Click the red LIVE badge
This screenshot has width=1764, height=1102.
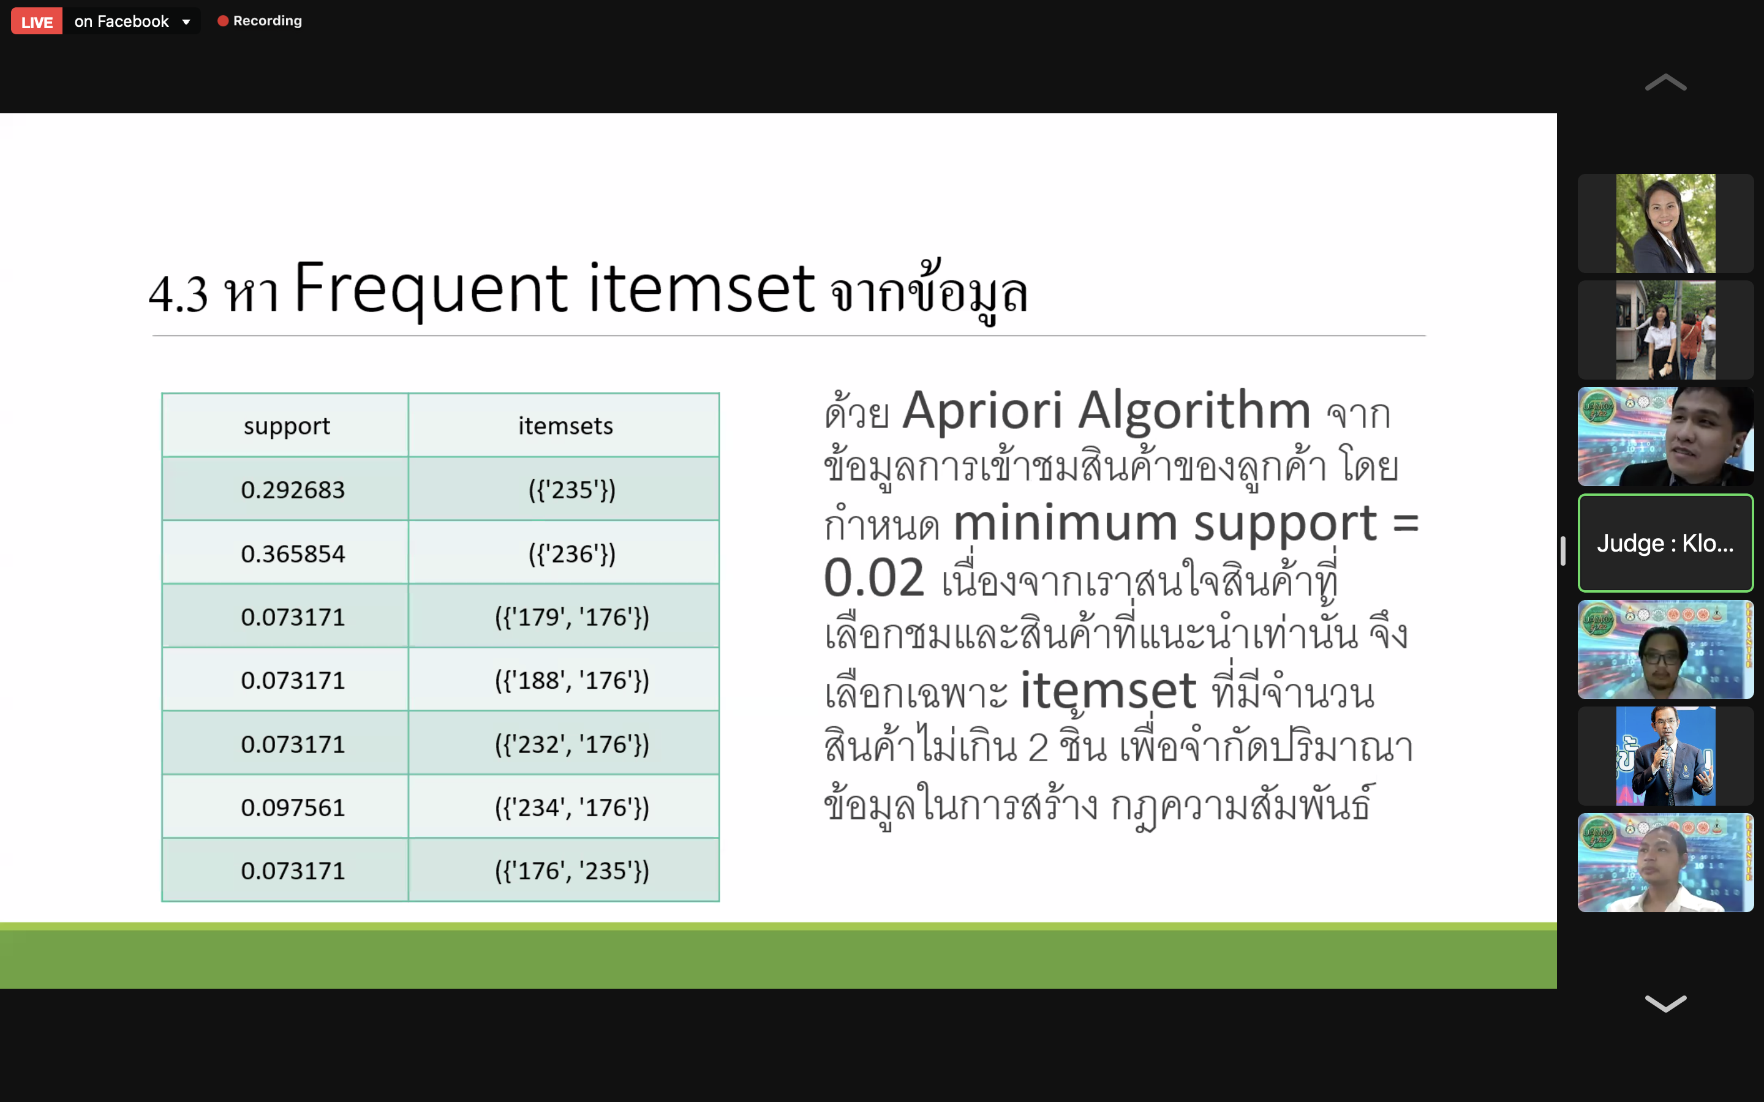coord(37,22)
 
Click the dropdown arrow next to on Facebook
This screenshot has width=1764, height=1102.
coord(187,23)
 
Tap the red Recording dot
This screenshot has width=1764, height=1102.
coord(223,21)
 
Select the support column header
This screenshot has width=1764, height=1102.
coord(286,425)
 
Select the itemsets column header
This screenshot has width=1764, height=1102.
coord(565,425)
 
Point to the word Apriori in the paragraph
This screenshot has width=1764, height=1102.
coord(982,410)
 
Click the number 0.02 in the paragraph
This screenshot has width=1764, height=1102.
coord(874,578)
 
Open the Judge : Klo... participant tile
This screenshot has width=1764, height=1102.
coord(1665,543)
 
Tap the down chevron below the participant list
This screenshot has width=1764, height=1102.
coord(1665,1003)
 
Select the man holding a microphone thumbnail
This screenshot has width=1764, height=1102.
coord(1665,756)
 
